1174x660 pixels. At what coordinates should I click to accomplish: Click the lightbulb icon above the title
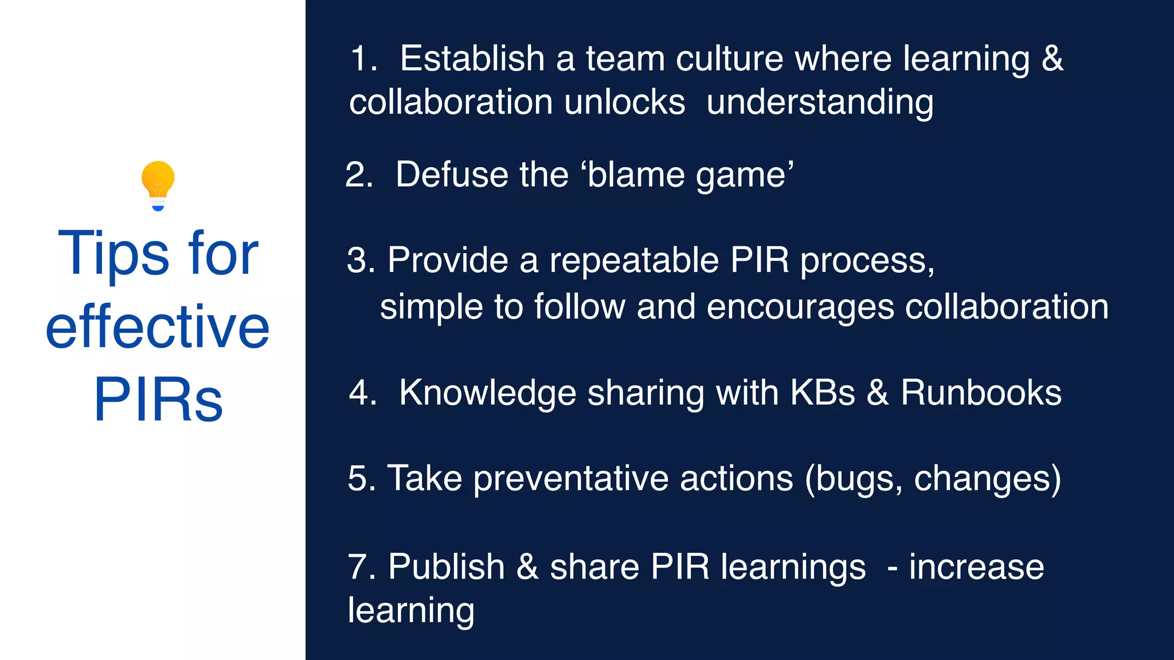(x=158, y=186)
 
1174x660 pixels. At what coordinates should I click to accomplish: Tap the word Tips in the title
(x=114, y=253)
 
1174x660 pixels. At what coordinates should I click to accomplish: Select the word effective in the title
(x=158, y=327)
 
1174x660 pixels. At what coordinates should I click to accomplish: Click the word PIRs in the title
(x=158, y=399)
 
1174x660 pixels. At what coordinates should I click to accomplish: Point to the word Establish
(x=472, y=58)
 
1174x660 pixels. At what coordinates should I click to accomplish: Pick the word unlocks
(x=624, y=102)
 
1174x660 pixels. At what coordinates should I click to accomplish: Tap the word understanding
(x=820, y=103)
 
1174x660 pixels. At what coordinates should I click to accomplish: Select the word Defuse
(x=452, y=174)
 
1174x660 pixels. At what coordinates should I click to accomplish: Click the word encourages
(x=800, y=308)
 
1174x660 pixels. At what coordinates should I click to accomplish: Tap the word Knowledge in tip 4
(x=487, y=394)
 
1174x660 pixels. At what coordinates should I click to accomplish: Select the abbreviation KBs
(x=823, y=393)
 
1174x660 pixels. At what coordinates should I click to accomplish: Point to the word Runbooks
(x=981, y=393)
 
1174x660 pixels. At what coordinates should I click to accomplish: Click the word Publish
(x=446, y=567)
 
